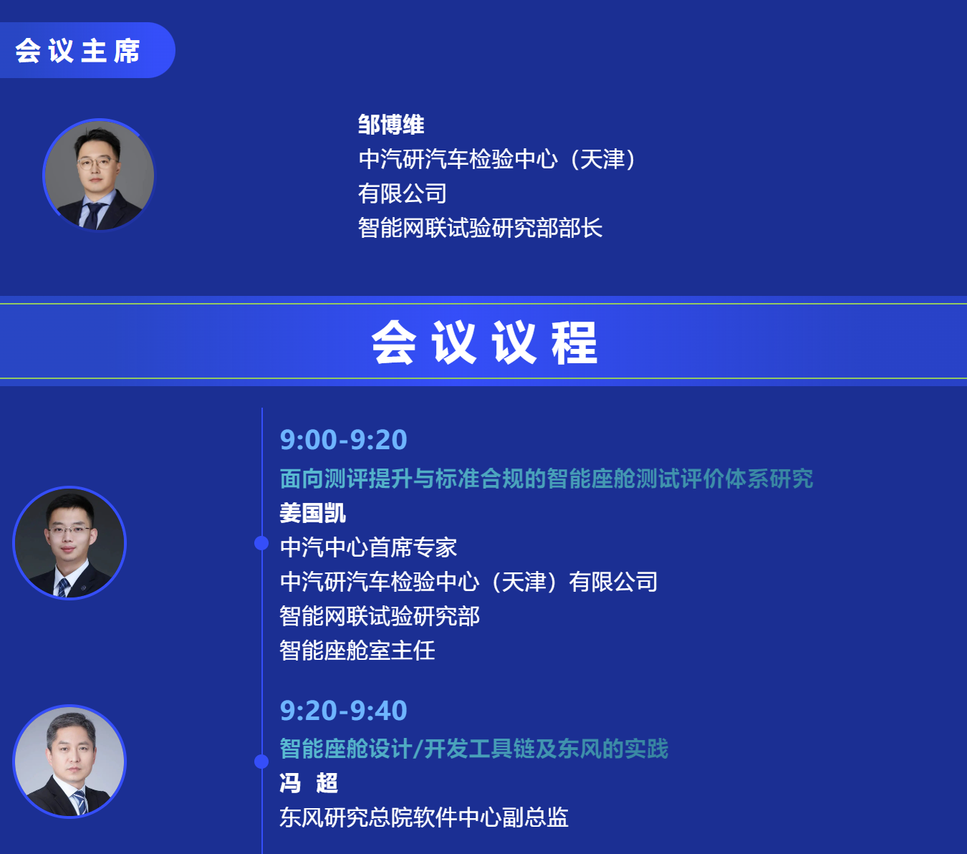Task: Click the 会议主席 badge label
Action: [x=77, y=51]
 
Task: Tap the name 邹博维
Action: [x=391, y=125]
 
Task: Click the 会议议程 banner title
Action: [x=484, y=342]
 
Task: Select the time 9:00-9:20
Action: [x=343, y=439]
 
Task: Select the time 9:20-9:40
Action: [x=343, y=710]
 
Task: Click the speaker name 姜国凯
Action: [x=312, y=513]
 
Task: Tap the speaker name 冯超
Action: [x=308, y=783]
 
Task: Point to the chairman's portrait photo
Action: [x=99, y=175]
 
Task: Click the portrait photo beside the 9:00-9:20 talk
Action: [x=69, y=543]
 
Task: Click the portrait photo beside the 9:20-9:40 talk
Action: [x=69, y=762]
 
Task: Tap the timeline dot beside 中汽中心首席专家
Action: [x=261, y=543]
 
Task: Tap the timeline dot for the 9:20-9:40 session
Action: [x=261, y=762]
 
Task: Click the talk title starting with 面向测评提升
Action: [x=547, y=479]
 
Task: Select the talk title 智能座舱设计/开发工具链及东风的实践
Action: [x=474, y=749]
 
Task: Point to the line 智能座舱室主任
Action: [x=357, y=651]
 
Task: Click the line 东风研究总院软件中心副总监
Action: [x=424, y=817]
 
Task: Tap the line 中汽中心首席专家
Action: [x=368, y=547]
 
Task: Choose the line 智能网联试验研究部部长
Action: [x=480, y=228]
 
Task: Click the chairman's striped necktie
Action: [x=92, y=216]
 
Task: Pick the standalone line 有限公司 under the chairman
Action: [x=403, y=193]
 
